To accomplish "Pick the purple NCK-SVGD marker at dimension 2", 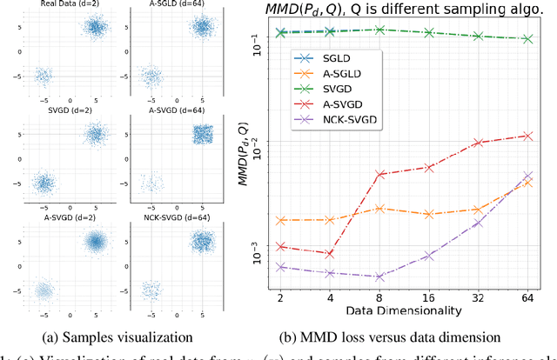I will coord(280,267).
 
